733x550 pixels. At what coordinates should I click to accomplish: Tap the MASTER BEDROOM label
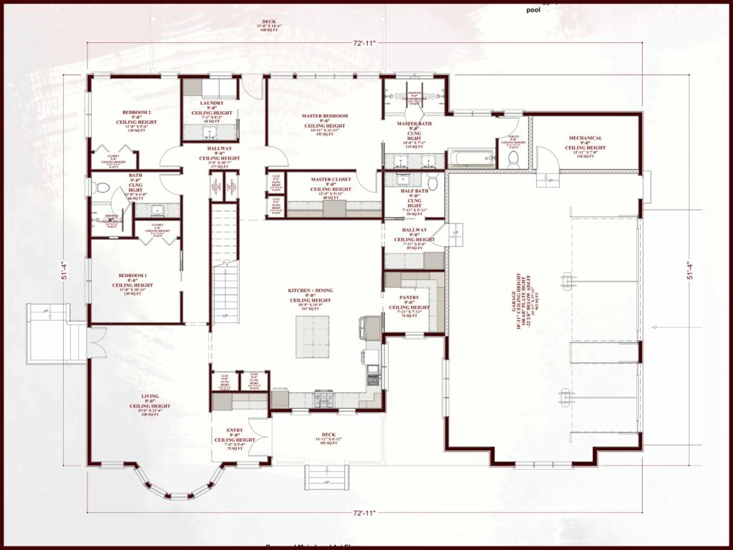[326, 116]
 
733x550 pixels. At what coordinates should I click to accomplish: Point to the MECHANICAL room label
[585, 138]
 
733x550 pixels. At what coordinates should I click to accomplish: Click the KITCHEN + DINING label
[310, 290]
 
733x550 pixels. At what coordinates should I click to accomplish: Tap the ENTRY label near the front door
[234, 430]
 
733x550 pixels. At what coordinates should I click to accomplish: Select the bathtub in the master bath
[470, 158]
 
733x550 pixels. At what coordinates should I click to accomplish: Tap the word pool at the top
[533, 10]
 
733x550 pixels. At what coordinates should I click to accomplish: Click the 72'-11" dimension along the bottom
[364, 513]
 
